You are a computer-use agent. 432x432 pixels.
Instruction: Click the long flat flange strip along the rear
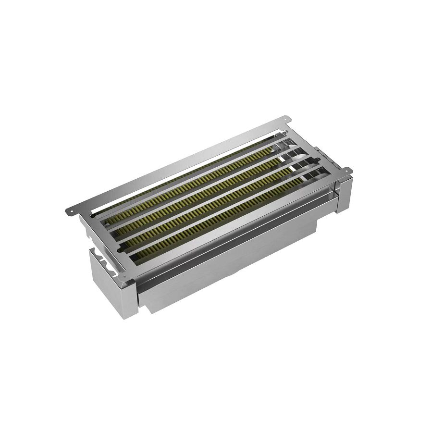pyautogui.click(x=183, y=163)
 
